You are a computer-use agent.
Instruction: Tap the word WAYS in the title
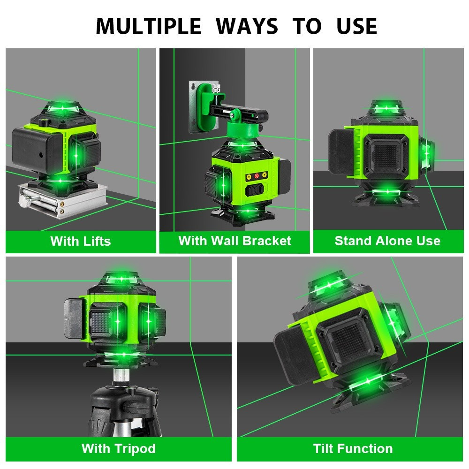(x=248, y=26)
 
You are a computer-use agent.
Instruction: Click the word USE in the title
(x=356, y=26)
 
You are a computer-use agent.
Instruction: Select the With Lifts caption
(x=81, y=242)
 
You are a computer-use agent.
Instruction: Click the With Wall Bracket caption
(x=234, y=241)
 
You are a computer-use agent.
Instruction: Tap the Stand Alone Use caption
(x=387, y=241)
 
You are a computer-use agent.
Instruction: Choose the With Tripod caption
(x=118, y=448)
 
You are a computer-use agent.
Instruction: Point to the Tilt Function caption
(x=353, y=448)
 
